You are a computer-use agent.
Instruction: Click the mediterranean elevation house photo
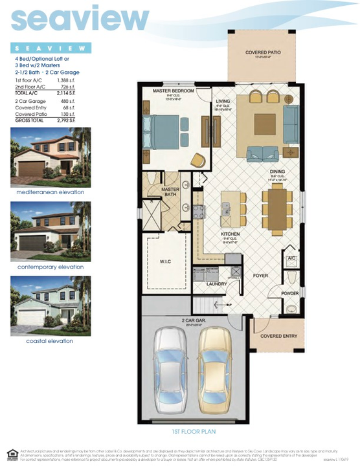51,157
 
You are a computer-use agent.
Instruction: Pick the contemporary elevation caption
51,267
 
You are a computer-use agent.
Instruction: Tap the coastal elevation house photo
51,306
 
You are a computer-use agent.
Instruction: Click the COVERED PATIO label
262,52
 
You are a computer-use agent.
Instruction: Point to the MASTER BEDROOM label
174,91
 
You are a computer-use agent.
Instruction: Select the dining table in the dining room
278,208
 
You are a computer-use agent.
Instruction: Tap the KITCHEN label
230,234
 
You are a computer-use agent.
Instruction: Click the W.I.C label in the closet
166,262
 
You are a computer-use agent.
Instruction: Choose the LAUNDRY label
216,284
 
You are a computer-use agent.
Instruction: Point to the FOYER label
260,275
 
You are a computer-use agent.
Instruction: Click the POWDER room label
290,293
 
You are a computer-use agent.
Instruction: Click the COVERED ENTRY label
280,337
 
